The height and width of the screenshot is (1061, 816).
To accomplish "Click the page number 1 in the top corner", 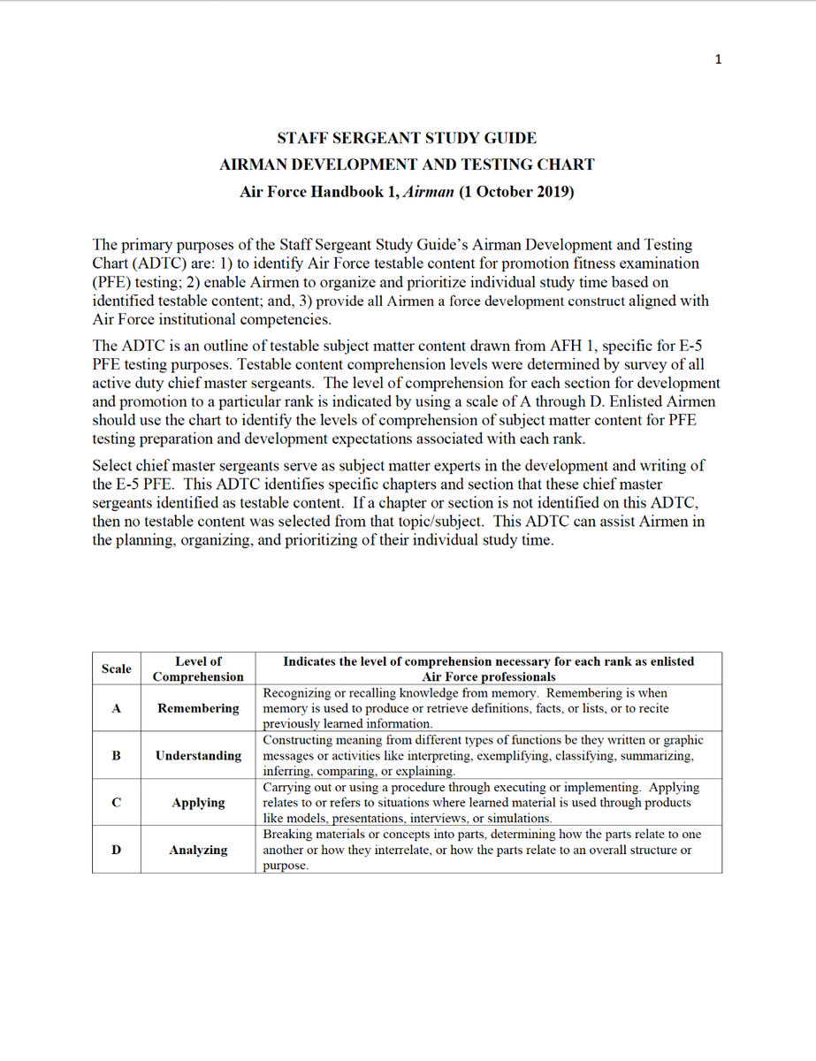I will click(x=719, y=59).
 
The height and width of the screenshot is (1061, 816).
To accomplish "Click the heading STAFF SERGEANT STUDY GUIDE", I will click(x=407, y=138).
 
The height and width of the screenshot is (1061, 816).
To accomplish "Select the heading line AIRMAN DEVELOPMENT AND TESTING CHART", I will click(x=407, y=164).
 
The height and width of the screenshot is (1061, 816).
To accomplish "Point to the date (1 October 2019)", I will click(x=516, y=191).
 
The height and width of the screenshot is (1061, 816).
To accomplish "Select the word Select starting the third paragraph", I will click(x=113, y=466).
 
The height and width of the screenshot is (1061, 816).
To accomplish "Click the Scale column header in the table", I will click(x=117, y=669).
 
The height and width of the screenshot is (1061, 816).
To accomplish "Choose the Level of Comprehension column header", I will click(x=198, y=668).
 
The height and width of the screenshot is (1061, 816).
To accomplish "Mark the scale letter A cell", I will click(x=117, y=708).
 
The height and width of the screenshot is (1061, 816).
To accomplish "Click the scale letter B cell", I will click(x=117, y=756).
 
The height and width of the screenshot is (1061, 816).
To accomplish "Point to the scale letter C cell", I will click(x=117, y=803).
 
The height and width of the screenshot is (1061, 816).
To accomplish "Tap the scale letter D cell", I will click(x=117, y=850).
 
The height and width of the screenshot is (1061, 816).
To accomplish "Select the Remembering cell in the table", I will click(x=198, y=708).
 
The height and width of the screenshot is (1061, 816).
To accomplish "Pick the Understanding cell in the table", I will click(x=198, y=756).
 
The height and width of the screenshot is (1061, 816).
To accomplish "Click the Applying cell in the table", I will click(x=198, y=803).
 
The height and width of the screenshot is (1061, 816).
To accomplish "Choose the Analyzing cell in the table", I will click(x=198, y=850).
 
